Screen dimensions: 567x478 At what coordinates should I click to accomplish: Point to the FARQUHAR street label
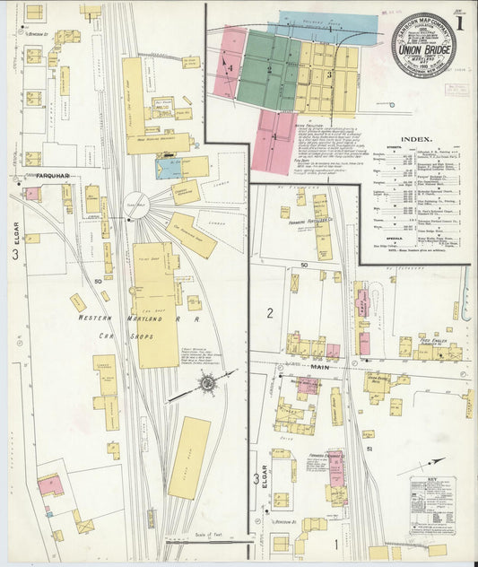[x=40, y=176]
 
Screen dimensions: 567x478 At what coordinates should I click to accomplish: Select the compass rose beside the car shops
[x=208, y=382]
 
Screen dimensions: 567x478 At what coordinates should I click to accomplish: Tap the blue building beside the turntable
[x=169, y=167]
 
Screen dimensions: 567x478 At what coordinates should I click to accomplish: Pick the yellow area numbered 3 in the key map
[x=330, y=76]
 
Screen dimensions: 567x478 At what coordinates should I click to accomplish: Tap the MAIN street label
[x=321, y=366]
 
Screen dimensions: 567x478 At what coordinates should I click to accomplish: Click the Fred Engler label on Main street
[x=436, y=340]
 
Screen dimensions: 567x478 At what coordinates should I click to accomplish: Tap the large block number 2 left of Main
[x=269, y=312]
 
